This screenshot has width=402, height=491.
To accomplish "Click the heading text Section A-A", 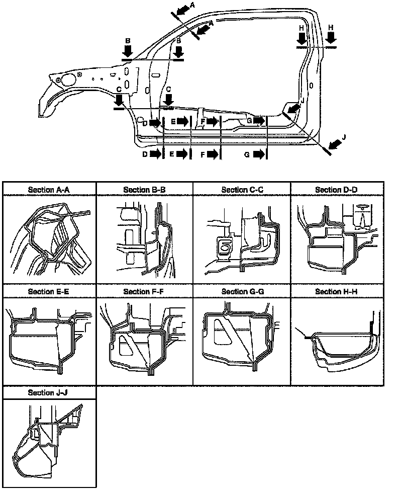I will coord(49,190).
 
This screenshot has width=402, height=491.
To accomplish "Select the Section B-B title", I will coord(145,190).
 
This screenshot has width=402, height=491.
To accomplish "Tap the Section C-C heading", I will coord(242,190).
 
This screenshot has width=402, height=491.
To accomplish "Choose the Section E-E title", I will coord(49,291).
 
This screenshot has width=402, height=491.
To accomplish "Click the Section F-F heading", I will coord(145,291).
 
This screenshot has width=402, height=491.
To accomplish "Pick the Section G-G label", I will coord(242,291).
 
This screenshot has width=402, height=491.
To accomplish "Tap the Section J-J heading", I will coord(49,392).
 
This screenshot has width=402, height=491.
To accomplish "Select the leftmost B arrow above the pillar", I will coord(128,50).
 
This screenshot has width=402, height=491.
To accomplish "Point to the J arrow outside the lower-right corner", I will coord(336,144).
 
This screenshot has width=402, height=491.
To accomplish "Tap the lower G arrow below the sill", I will coord(258,154).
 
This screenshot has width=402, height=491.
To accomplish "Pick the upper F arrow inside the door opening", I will coord(213,121).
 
